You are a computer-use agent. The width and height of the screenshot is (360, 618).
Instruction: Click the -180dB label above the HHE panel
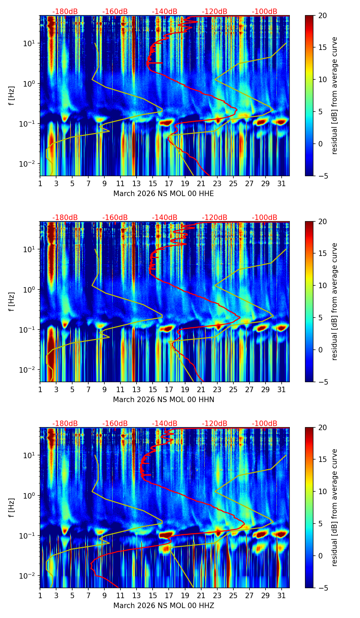(x=65, y=12)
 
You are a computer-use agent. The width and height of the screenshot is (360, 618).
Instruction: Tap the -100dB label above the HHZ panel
(x=265, y=424)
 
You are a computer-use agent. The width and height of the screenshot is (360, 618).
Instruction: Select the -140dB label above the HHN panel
(x=165, y=218)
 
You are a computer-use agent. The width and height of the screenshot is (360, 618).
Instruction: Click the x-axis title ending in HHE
(x=164, y=194)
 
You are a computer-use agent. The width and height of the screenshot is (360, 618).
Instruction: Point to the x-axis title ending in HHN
(x=164, y=400)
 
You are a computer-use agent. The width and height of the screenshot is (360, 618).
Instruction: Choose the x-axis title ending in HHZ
(x=164, y=606)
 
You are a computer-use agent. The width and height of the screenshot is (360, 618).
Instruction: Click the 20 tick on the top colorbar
(x=322, y=16)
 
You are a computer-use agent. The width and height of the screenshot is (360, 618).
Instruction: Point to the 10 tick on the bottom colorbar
(x=322, y=491)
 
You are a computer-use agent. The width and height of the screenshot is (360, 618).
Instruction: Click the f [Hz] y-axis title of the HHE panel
(x=12, y=96)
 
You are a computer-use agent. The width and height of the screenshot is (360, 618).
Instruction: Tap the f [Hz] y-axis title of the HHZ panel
(x=12, y=508)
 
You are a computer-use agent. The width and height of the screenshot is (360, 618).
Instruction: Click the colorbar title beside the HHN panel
(x=335, y=301)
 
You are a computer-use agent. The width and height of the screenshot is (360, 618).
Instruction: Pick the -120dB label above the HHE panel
(x=215, y=12)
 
